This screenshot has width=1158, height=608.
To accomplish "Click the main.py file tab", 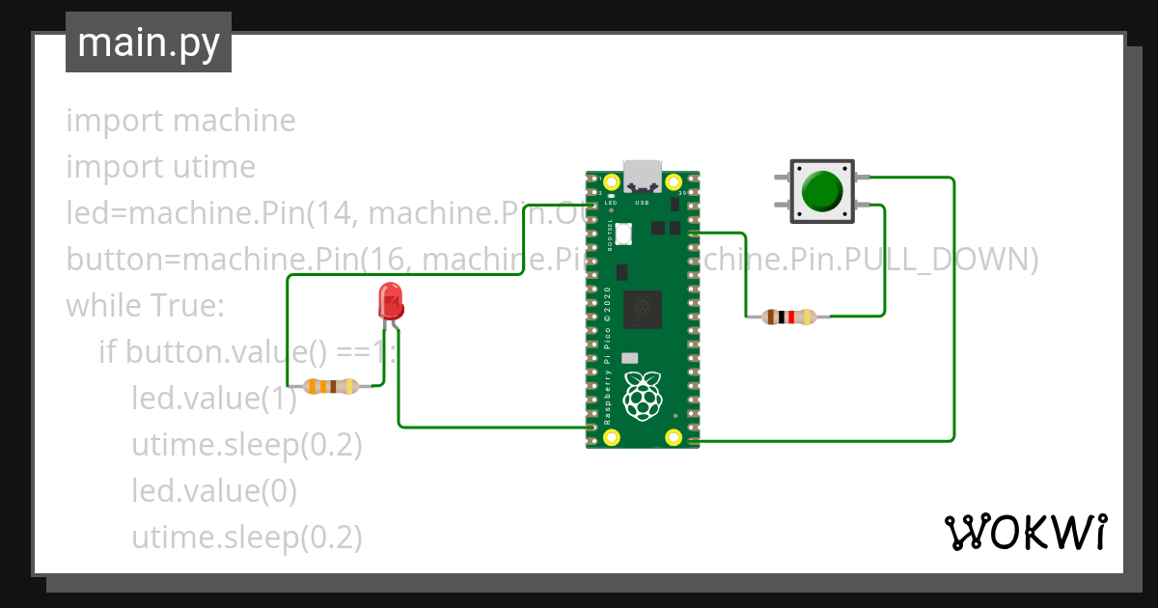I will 148,42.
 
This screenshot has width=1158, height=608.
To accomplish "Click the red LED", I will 391,301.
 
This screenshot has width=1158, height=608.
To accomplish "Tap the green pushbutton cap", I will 823,191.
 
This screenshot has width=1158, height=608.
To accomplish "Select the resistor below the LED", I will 331,387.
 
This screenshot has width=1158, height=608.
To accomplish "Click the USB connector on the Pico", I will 643,176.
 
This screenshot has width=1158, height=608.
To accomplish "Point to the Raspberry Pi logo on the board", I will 643,395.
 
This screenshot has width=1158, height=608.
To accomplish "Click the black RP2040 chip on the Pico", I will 643,308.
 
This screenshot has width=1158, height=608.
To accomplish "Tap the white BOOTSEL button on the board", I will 622,233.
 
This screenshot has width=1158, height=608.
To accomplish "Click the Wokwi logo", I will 1025,532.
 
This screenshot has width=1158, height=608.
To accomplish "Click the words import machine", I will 180,121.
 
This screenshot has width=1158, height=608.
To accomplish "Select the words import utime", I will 160,167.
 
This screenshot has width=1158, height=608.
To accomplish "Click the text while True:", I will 145,306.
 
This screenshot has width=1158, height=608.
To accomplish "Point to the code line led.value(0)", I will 214,491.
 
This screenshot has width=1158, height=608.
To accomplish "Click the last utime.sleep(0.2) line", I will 246,538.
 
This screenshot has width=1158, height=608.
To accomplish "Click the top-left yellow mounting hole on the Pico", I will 611,181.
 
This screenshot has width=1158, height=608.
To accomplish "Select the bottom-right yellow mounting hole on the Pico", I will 675,437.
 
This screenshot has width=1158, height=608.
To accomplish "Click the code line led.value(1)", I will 214,399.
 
